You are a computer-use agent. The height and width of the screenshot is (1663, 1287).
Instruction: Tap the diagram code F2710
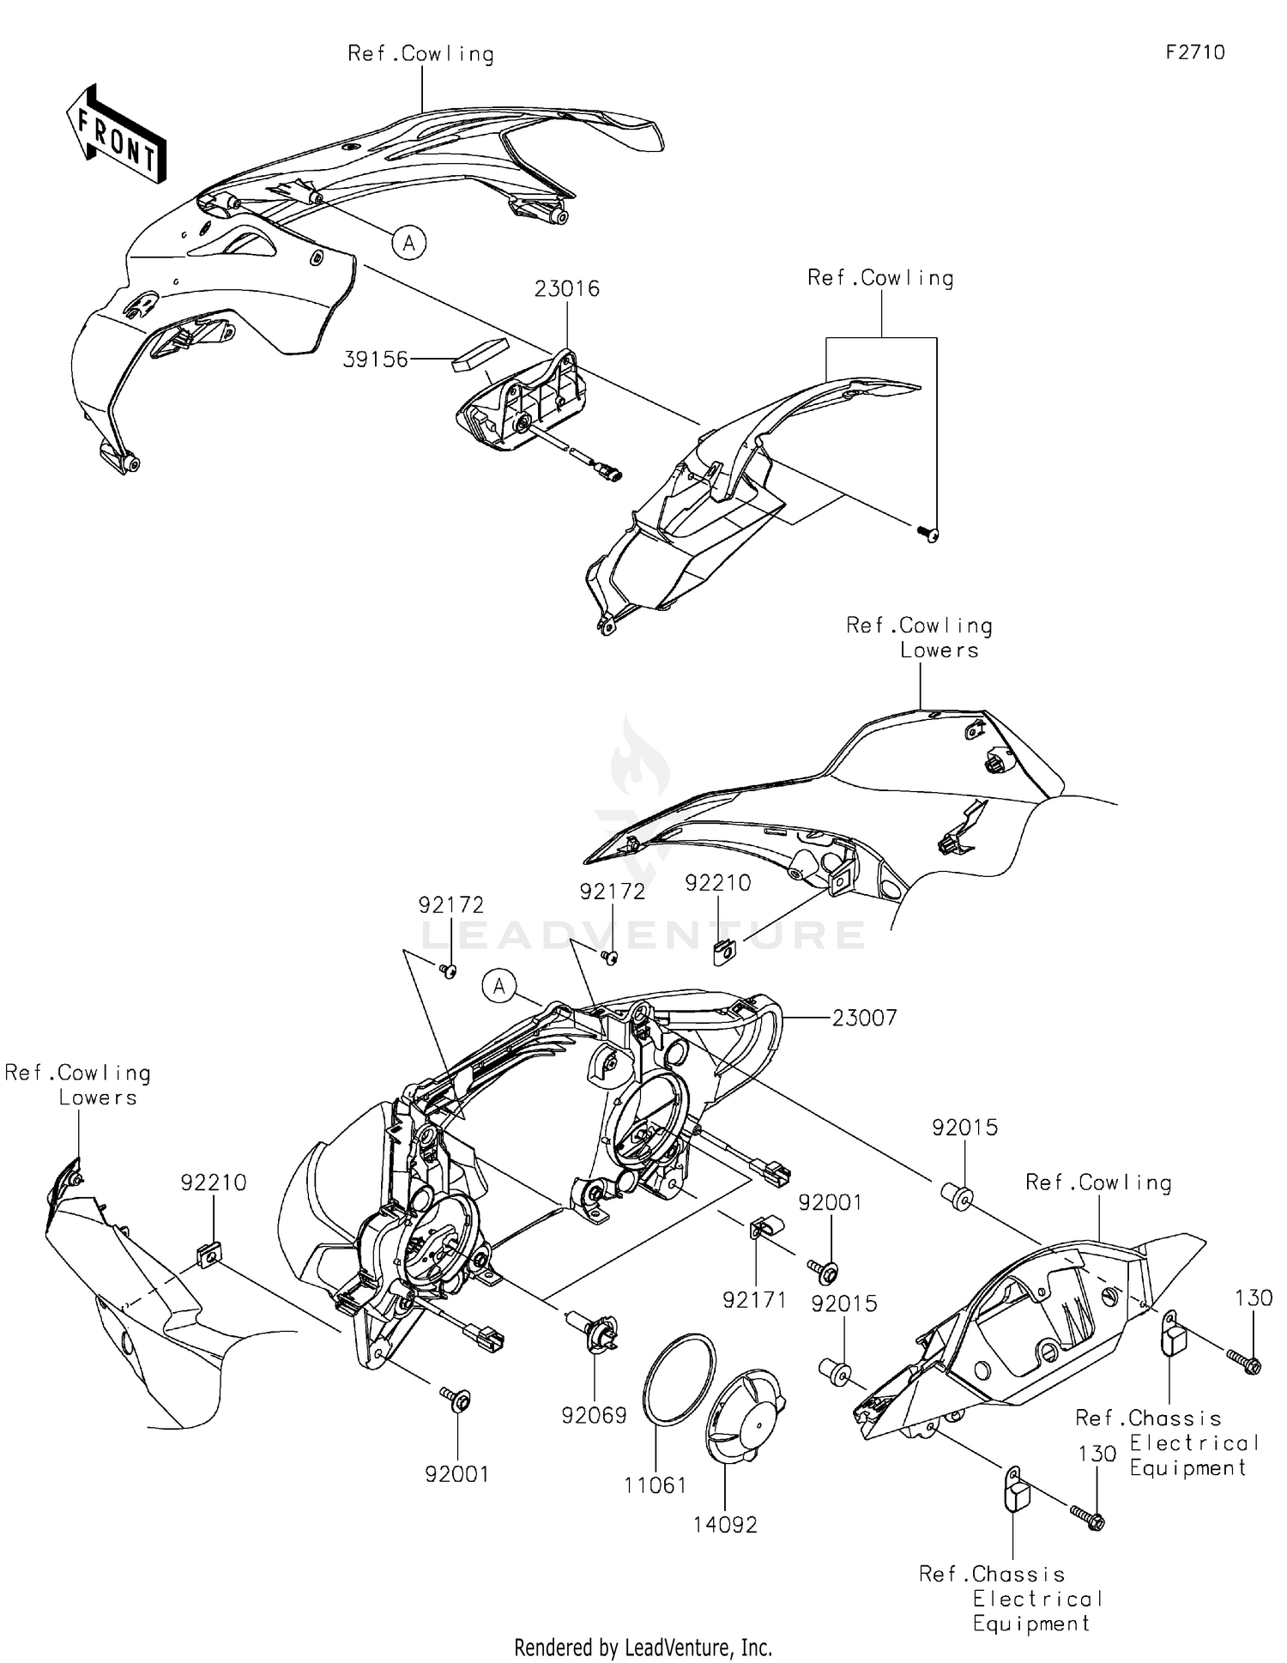[1195, 52]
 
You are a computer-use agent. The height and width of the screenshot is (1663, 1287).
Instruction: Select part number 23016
[566, 289]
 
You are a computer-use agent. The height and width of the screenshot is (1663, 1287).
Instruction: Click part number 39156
[375, 360]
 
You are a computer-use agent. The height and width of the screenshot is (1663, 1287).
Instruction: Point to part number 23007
[864, 1019]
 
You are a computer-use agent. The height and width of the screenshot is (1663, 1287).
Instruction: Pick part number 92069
[594, 1415]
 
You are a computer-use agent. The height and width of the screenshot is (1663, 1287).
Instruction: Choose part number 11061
[656, 1485]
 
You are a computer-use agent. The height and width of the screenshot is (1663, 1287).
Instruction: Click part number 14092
[726, 1525]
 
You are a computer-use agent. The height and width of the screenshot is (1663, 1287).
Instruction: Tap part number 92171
[754, 1300]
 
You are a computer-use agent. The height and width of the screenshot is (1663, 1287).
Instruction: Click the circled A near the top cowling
[409, 244]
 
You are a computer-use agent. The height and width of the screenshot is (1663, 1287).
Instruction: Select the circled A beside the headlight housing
[499, 987]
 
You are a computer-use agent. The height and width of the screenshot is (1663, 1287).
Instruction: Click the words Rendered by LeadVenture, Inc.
[643, 1647]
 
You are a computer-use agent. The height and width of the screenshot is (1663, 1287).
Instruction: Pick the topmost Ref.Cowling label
[420, 54]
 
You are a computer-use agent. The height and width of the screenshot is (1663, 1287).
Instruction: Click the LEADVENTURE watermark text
[643, 934]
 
